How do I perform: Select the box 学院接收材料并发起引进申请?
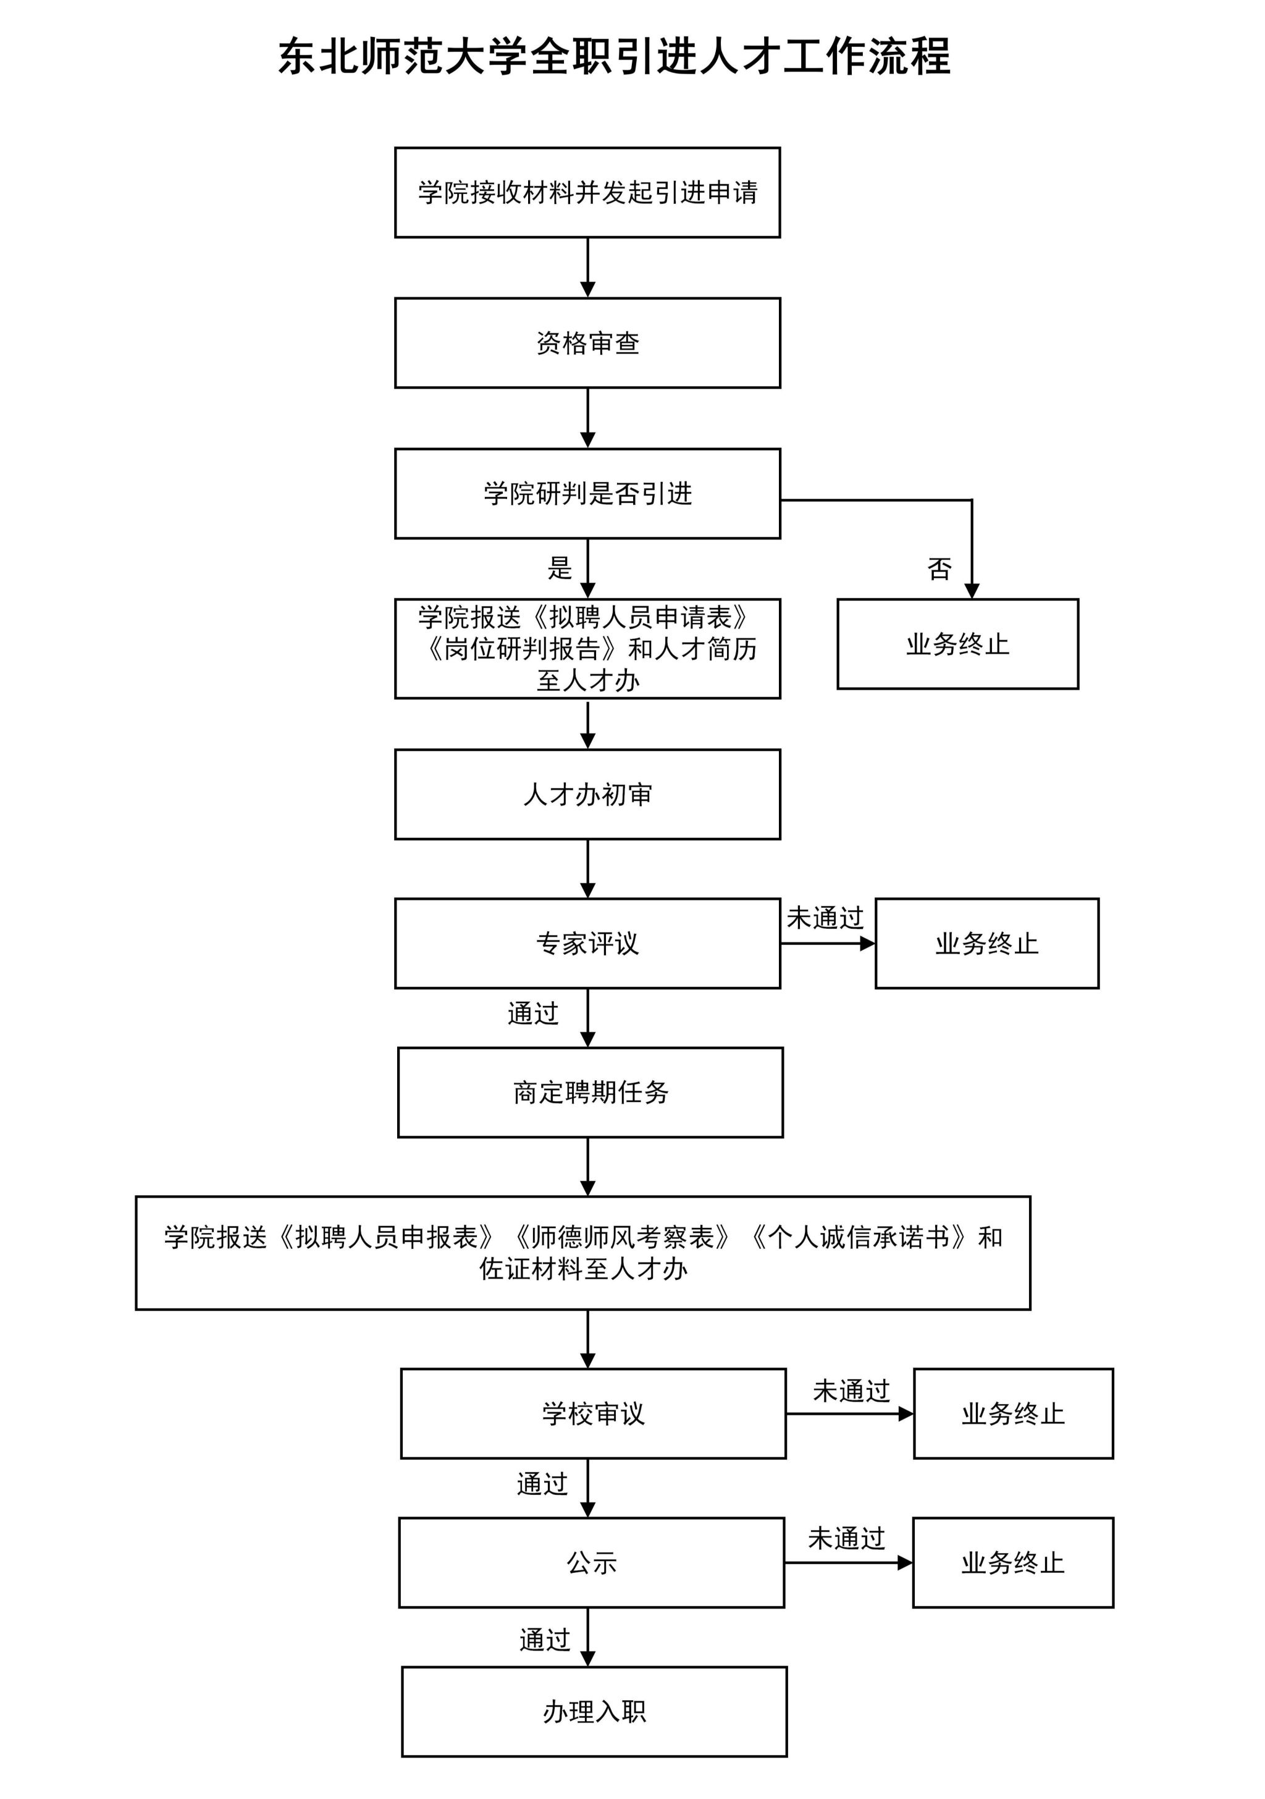click(587, 192)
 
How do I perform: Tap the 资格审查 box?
click(587, 342)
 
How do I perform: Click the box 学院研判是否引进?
click(587, 494)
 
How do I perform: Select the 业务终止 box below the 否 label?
click(958, 644)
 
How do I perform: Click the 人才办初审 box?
click(587, 795)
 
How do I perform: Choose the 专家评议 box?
click(587, 943)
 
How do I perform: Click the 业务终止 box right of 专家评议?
click(987, 943)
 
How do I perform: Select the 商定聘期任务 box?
click(590, 1092)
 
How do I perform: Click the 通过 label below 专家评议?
click(532, 1013)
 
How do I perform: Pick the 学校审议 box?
click(593, 1413)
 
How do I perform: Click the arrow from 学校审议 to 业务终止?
click(850, 1413)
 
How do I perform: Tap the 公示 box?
click(591, 1562)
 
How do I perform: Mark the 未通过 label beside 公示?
click(846, 1538)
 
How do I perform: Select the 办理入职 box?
click(594, 1711)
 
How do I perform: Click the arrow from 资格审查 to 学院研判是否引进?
click(587, 418)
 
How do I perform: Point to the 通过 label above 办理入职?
click(544, 1640)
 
